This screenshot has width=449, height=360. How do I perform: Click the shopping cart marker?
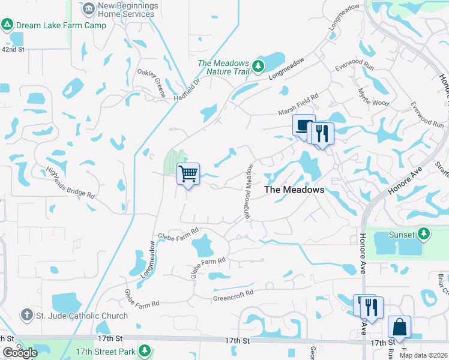pos(188,174)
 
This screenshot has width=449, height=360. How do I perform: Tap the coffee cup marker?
pos(303,125)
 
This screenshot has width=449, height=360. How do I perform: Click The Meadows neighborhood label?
pos(294,190)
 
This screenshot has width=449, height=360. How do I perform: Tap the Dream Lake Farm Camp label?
pos(61,25)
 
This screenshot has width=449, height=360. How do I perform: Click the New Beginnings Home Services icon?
pos(89,9)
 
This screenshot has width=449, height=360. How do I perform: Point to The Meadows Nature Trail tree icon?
pos(258,65)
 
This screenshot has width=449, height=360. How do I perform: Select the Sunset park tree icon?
pos(424,233)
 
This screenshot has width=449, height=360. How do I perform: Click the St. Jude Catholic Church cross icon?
pos(26,315)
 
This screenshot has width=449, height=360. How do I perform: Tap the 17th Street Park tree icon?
pos(143,350)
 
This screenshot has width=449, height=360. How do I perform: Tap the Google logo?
pos(20,353)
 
